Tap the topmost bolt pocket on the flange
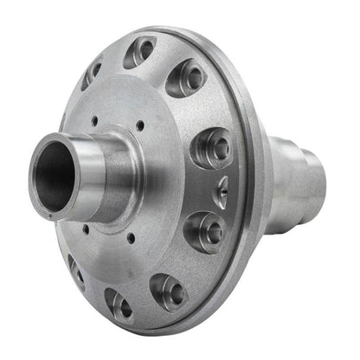coord(139,53)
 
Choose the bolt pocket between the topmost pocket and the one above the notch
coord(186,79)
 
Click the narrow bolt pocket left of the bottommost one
coord(75,272)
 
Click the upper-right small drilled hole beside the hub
coord(139,126)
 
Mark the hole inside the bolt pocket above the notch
coord(220,148)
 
